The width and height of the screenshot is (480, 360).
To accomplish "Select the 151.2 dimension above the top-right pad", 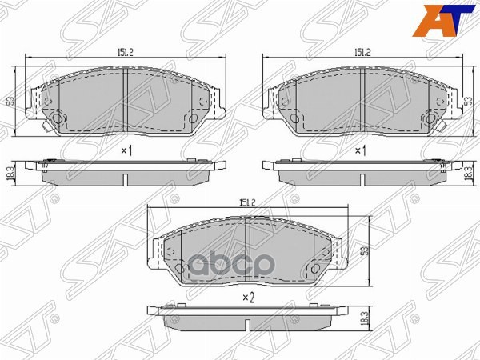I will point(363,52).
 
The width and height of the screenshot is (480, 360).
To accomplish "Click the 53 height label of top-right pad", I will point(468,102).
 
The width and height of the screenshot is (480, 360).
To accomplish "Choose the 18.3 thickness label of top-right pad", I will point(468,171).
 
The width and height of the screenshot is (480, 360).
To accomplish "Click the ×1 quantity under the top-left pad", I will point(126,150).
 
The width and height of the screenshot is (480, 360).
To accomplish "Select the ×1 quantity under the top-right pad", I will point(360,150).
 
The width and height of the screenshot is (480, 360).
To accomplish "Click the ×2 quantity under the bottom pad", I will point(247,298).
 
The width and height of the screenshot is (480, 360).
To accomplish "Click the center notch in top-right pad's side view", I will point(363,177).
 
